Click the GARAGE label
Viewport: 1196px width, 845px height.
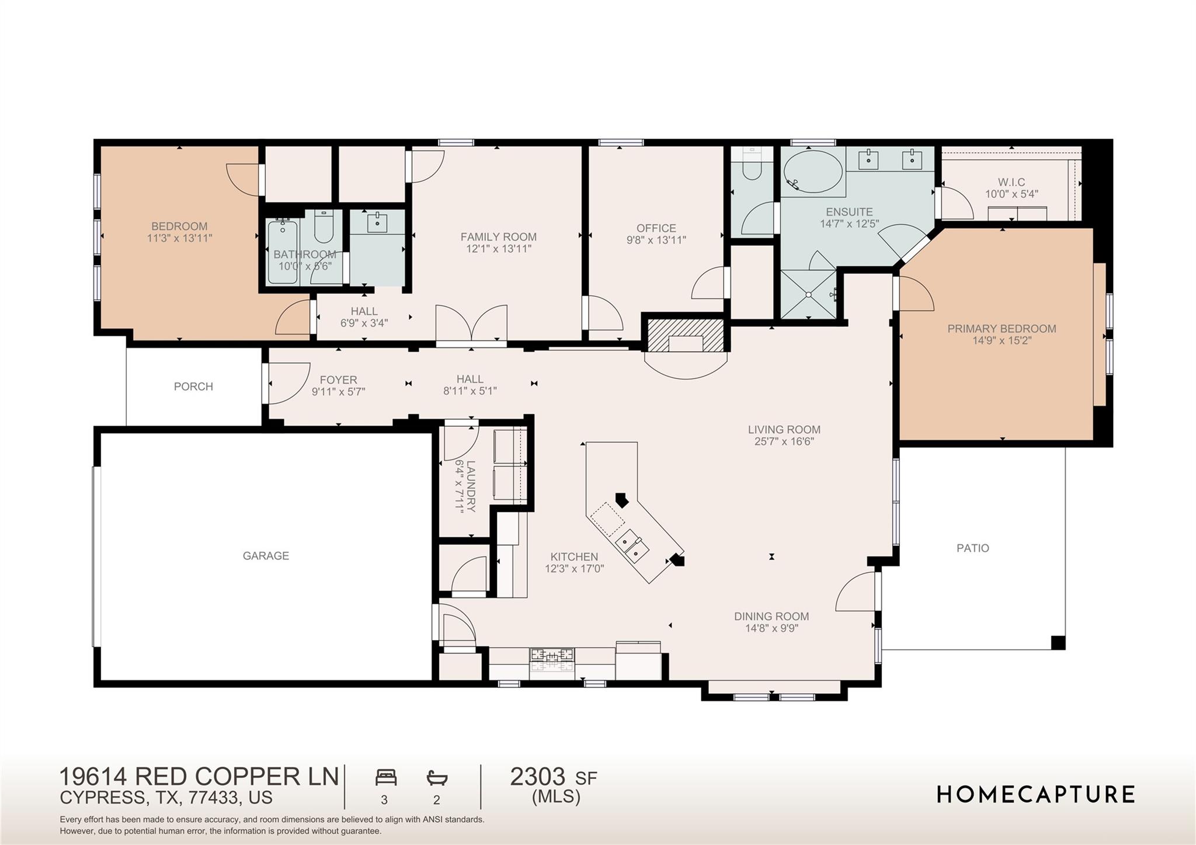click(266, 556)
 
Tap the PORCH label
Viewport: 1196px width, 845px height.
click(193, 387)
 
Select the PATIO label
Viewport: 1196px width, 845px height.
click(973, 548)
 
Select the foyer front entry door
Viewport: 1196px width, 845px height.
click(286, 383)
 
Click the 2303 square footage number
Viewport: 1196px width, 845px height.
click(537, 777)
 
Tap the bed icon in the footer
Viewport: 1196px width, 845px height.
click(386, 778)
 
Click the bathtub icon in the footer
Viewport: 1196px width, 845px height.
click(437, 778)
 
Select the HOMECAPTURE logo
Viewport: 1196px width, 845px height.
click(1036, 795)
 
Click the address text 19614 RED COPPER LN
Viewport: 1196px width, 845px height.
click(199, 777)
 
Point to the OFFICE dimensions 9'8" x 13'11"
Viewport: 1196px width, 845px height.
click(656, 240)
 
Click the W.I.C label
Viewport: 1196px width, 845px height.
click(1011, 182)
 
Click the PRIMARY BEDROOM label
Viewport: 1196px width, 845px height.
click(1002, 329)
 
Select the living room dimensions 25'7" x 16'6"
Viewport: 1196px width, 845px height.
click(784, 441)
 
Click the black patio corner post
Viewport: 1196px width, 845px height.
click(1058, 643)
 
